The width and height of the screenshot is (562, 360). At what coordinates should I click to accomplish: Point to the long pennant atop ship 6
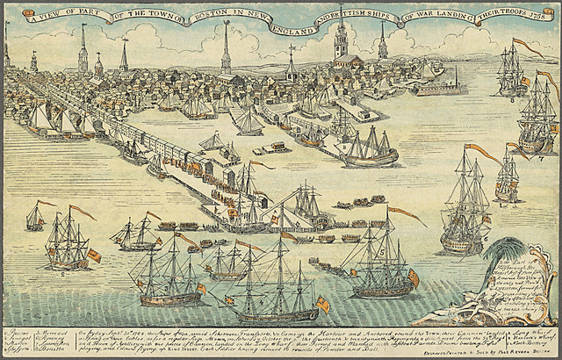coord(482,154)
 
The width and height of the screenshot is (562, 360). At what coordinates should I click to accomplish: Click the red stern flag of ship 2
coord(94,256)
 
